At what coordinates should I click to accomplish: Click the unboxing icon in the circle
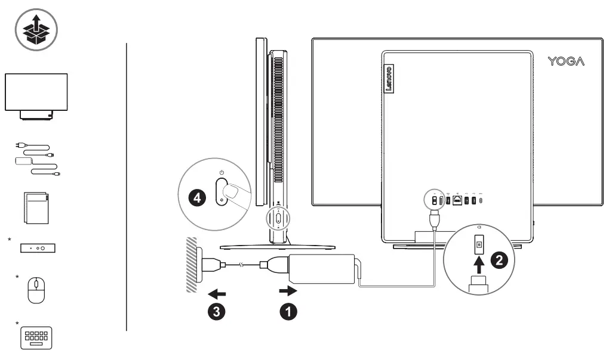pos(36,29)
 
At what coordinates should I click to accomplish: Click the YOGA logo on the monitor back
pos(566,61)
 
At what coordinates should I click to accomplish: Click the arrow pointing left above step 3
pos(217,293)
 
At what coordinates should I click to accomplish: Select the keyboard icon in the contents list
pos(36,337)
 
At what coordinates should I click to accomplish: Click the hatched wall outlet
pos(192,265)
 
